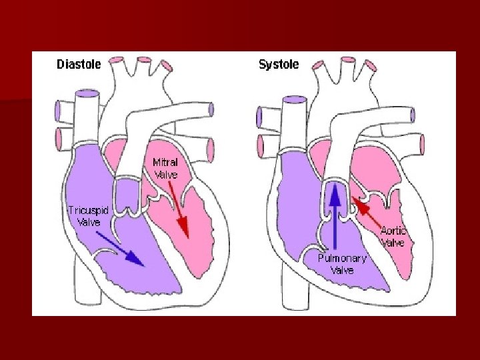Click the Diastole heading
(79, 65)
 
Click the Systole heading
(279, 65)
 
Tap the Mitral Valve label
(165, 168)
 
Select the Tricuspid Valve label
(88, 215)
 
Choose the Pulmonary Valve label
(342, 264)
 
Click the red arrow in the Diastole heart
(181, 211)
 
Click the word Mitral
(165, 162)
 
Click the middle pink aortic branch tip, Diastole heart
(141, 61)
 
